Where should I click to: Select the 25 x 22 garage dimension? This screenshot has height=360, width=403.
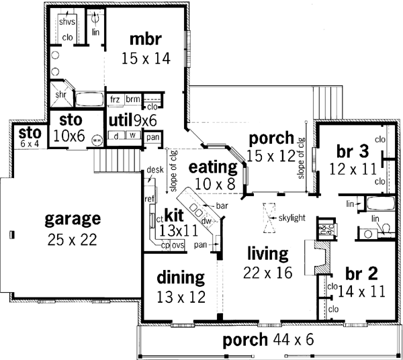(x=73, y=239)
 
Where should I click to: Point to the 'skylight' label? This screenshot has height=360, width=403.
(x=293, y=218)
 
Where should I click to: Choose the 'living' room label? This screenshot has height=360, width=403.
(x=267, y=254)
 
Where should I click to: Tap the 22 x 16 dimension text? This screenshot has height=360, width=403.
(x=267, y=272)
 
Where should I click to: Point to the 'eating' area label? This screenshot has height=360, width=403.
(x=213, y=166)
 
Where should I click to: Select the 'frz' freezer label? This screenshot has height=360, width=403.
(x=116, y=99)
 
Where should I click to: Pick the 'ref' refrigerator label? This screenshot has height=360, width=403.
(x=149, y=199)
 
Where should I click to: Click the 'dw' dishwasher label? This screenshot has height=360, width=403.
(x=207, y=220)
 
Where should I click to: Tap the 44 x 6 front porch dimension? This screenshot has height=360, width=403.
(x=292, y=340)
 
